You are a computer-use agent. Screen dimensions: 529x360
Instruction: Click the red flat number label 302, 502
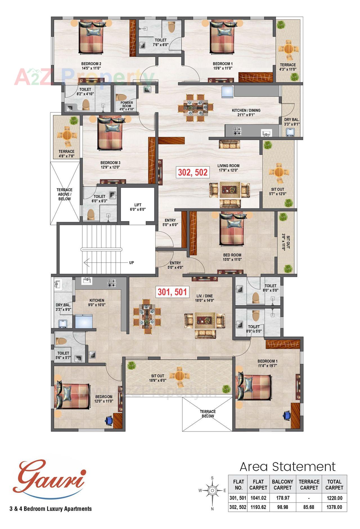click(193, 172)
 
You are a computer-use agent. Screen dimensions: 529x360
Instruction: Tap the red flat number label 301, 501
click(172, 292)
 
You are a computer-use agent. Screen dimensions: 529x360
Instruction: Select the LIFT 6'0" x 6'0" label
click(138, 207)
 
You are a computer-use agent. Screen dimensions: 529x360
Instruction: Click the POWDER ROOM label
click(127, 106)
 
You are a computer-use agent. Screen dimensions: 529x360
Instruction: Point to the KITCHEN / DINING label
click(246, 112)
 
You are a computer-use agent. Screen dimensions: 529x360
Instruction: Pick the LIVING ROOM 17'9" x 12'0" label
click(228, 168)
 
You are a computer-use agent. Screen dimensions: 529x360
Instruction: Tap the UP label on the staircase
click(131, 263)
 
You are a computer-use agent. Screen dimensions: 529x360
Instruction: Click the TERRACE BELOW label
click(208, 414)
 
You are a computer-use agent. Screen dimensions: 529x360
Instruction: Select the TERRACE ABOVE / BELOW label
click(64, 194)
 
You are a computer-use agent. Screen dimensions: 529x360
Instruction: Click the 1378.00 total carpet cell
click(334, 507)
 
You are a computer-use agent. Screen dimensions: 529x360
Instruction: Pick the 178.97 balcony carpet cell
click(282, 498)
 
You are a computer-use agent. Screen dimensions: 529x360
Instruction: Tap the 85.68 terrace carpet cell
click(309, 507)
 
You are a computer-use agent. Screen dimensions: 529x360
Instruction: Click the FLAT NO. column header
click(238, 485)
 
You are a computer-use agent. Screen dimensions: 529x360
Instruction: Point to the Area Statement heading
click(287, 467)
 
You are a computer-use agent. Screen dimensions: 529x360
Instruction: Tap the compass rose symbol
click(213, 490)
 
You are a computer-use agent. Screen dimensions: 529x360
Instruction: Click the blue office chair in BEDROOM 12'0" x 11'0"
click(109, 420)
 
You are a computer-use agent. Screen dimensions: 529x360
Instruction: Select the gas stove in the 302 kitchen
click(237, 130)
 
